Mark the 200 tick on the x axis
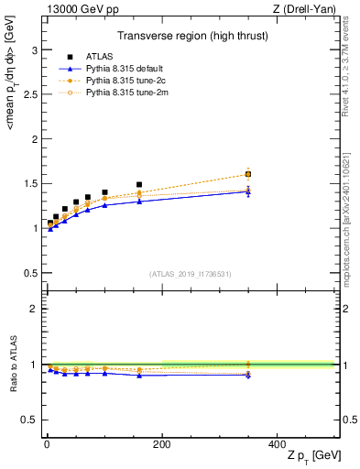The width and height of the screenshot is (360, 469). (x=162, y=442)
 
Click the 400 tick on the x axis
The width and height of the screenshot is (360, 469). (x=278, y=442)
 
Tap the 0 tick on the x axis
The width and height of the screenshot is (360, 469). (x=47, y=442)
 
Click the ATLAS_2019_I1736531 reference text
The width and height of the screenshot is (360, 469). (x=191, y=273)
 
